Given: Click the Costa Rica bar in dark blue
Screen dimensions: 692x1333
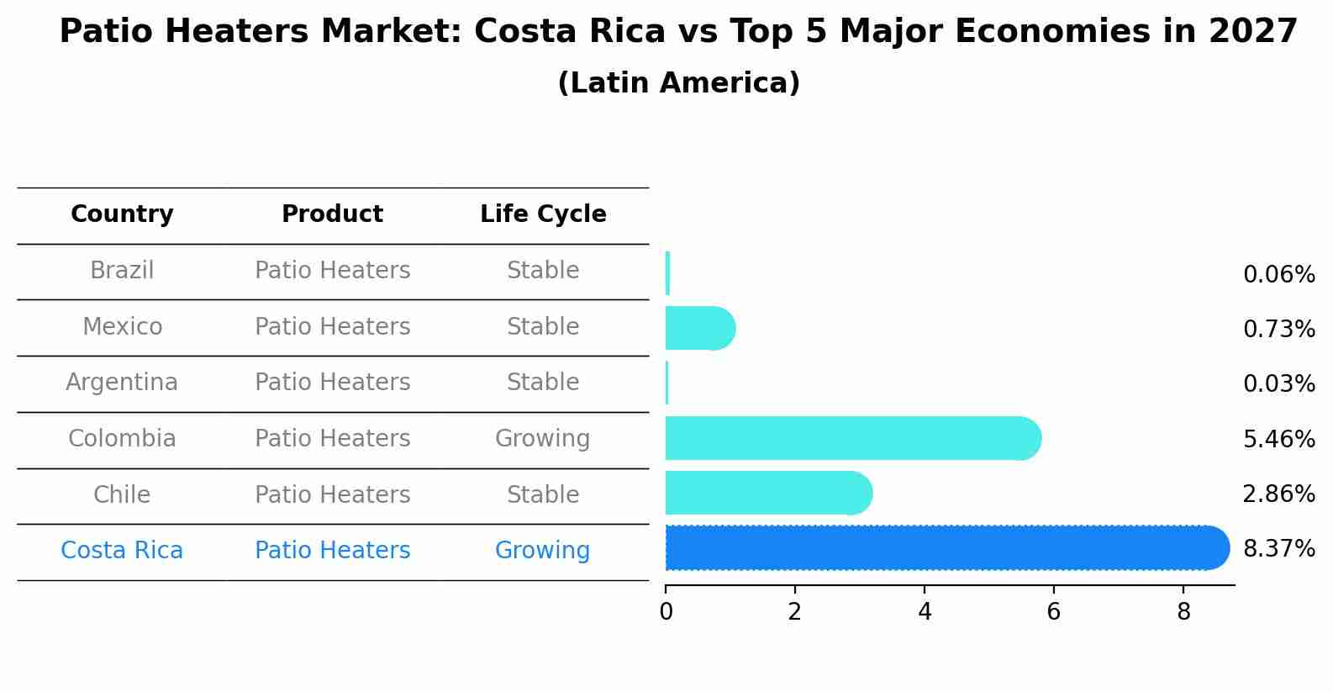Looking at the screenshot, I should [x=946, y=548].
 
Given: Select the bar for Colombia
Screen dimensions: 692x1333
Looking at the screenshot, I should [x=851, y=438].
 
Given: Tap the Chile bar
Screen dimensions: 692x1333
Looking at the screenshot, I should [x=767, y=493].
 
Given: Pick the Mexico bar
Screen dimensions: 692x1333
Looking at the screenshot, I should [x=699, y=328].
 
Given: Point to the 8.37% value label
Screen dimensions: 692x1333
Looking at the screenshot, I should [x=1278, y=549].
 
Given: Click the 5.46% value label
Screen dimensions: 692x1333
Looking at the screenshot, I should [x=1278, y=439].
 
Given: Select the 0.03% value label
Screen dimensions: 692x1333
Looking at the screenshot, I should [x=1278, y=384].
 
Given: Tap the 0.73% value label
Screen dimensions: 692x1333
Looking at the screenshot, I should [x=1278, y=330].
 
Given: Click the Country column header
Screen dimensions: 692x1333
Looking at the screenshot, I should [x=122, y=214].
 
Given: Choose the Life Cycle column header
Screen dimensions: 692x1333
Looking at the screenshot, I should [x=543, y=214].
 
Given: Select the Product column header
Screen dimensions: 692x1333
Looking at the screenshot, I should [x=332, y=214].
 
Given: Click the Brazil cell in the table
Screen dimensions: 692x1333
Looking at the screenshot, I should [x=122, y=271].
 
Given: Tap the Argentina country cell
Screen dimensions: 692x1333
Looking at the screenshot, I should [x=122, y=383].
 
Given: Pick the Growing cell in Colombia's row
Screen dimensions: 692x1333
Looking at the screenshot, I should [x=542, y=439].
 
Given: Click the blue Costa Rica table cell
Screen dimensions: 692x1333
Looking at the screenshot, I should [x=122, y=551].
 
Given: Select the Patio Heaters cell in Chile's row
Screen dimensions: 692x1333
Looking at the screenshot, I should [x=332, y=494].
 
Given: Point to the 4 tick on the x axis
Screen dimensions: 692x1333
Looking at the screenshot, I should [x=925, y=612].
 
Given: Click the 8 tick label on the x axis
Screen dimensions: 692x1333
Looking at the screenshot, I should [x=1183, y=612].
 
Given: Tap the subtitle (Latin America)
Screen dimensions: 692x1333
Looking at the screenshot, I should [x=678, y=83].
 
